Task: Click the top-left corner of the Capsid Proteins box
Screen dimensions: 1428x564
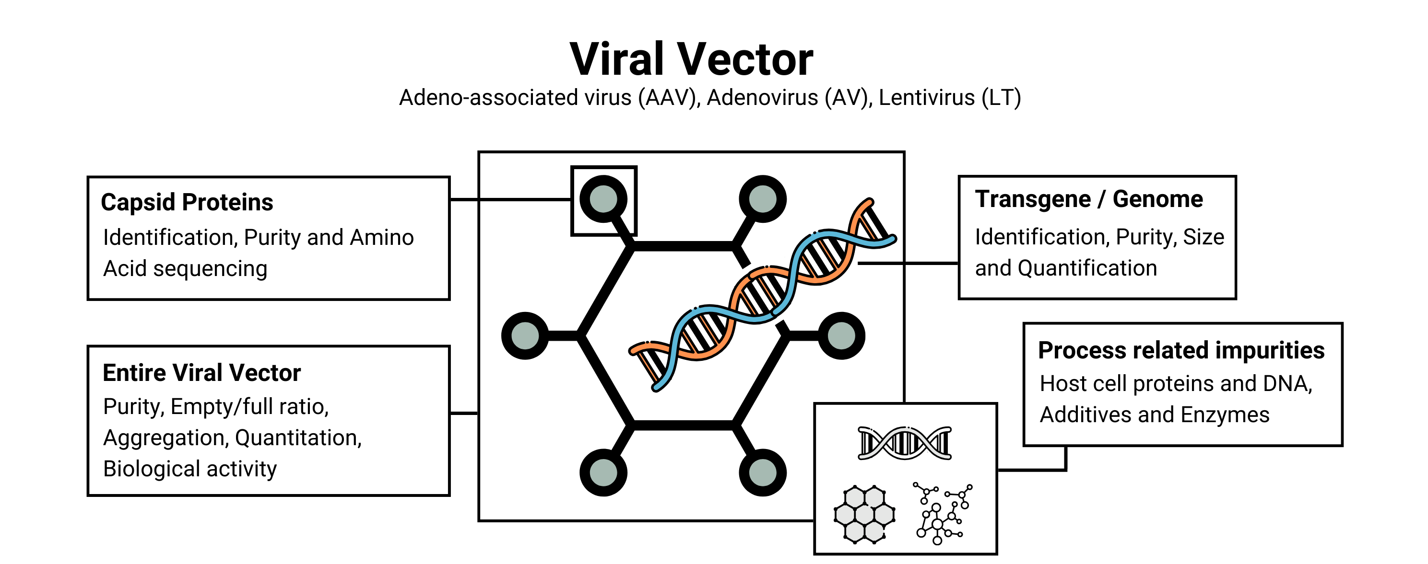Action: point(88,177)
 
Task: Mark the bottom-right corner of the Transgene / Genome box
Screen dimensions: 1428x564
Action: point(1236,299)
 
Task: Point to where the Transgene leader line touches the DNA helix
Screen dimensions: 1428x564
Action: point(858,263)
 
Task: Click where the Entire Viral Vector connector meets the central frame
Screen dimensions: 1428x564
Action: point(479,413)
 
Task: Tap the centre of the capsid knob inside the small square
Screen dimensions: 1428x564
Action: point(603,199)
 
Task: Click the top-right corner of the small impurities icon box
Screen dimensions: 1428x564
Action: point(997,404)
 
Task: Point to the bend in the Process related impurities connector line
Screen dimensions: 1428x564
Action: point(1065,470)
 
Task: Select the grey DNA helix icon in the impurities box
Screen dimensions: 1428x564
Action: point(905,443)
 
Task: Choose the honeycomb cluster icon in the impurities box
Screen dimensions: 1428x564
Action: point(864,514)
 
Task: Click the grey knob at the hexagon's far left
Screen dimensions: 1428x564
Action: point(525,336)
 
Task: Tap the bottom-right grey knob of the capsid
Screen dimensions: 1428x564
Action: point(763,472)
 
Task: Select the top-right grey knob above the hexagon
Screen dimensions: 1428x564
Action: point(763,199)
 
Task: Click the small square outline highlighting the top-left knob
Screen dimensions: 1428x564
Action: point(604,201)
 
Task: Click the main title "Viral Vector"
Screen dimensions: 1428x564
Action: point(691,59)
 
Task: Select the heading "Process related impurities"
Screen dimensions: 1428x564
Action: point(1181,350)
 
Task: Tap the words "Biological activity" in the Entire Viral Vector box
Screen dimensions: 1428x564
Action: point(189,469)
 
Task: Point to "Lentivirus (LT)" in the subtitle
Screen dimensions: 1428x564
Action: point(950,97)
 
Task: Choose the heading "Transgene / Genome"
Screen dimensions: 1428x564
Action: point(1089,199)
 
